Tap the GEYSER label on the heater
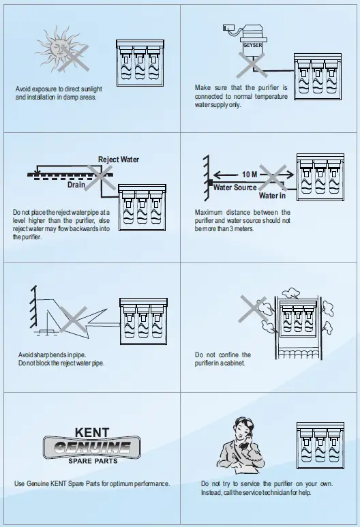tap(252, 46)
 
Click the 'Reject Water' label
tap(119, 160)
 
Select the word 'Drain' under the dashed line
tap(76, 184)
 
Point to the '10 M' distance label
tap(250, 175)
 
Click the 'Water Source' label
tap(235, 187)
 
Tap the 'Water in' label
tap(273, 196)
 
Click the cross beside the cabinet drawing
tap(254, 310)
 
